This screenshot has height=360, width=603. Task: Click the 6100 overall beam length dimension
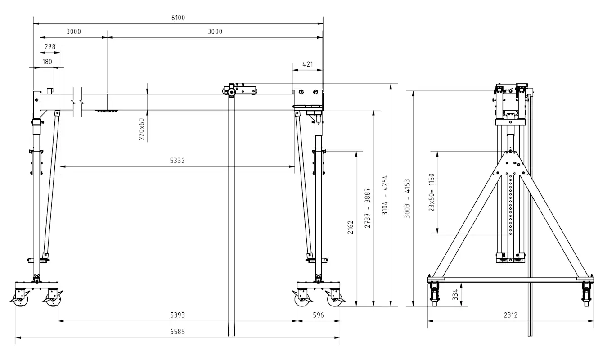pyautogui.click(x=178, y=18)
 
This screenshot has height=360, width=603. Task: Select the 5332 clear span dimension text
pyautogui.click(x=177, y=161)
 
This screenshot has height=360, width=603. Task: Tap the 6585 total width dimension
pyautogui.click(x=177, y=332)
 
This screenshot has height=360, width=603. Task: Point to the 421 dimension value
pyautogui.click(x=308, y=64)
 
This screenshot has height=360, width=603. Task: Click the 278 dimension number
pyautogui.click(x=50, y=47)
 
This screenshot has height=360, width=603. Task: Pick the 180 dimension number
pyautogui.click(x=47, y=62)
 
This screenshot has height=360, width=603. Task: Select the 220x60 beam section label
pyautogui.click(x=142, y=129)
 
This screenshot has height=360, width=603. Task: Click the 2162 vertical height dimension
pyautogui.click(x=350, y=227)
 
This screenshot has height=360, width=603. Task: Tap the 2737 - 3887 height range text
pyautogui.click(x=368, y=208)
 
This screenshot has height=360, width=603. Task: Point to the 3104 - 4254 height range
pyautogui.click(x=385, y=195)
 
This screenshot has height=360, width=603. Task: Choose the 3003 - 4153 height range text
pyautogui.click(x=407, y=198)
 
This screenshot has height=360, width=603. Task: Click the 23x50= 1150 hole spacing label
pyautogui.click(x=432, y=192)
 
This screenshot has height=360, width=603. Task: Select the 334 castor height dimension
pyautogui.click(x=455, y=295)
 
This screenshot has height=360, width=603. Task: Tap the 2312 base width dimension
pyautogui.click(x=511, y=315)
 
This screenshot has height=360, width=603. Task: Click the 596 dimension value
pyautogui.click(x=318, y=315)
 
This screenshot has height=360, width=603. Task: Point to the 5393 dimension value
pyautogui.click(x=177, y=315)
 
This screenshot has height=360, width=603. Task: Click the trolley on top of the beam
pyautogui.click(x=239, y=90)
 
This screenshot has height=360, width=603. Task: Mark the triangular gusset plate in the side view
pyautogui.click(x=511, y=163)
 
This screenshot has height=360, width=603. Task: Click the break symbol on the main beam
pyautogui.click(x=77, y=102)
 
